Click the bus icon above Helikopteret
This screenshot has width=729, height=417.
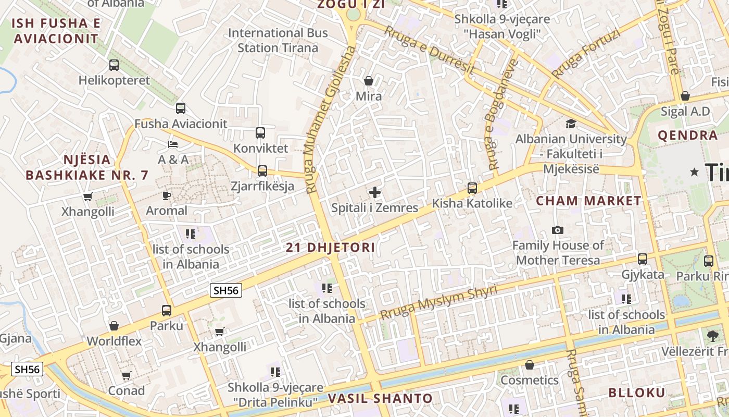coord(114,65)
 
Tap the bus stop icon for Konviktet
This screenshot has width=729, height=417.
coord(260,133)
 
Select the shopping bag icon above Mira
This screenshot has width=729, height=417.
coord(369,81)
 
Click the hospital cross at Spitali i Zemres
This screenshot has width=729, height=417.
coord(375,192)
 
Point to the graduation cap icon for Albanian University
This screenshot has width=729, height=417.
coord(571,124)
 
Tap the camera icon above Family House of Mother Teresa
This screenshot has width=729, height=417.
coord(558,230)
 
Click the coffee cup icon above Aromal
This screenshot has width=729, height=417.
coord(166,195)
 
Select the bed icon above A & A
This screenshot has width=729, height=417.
coord(173,144)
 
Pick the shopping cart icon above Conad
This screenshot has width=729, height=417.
coord(126,375)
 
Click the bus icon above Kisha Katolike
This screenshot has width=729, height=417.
coord(472,188)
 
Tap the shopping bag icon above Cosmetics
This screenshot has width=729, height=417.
coord(530,365)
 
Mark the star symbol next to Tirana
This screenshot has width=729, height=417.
coord(694,172)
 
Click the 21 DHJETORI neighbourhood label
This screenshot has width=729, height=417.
coord(330,248)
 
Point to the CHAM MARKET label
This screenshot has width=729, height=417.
coord(589,201)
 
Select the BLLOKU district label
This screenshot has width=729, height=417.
coord(637,393)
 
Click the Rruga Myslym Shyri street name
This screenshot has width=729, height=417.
coord(439,302)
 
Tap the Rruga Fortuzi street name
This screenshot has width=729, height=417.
coord(587,53)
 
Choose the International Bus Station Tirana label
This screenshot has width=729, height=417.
coord(278,40)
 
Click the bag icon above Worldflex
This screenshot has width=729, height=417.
coord(114,326)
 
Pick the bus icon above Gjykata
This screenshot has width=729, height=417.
coord(643,259)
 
